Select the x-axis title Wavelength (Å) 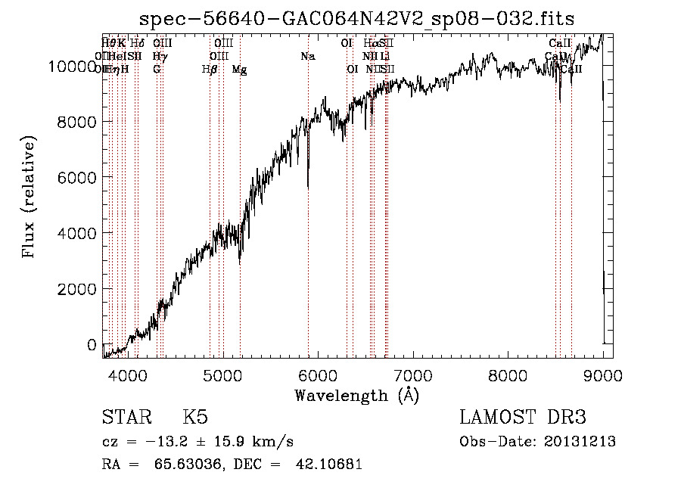pos(356,395)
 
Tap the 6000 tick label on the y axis pos(76,178)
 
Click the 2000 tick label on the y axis pos(76,289)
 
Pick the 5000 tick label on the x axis pos(222,375)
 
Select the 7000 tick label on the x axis pos(412,375)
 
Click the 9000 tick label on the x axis pos(602,375)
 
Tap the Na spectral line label pos(308,57)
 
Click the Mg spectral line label pos(239,70)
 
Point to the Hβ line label pos(210,70)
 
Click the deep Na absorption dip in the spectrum pos(308,184)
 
